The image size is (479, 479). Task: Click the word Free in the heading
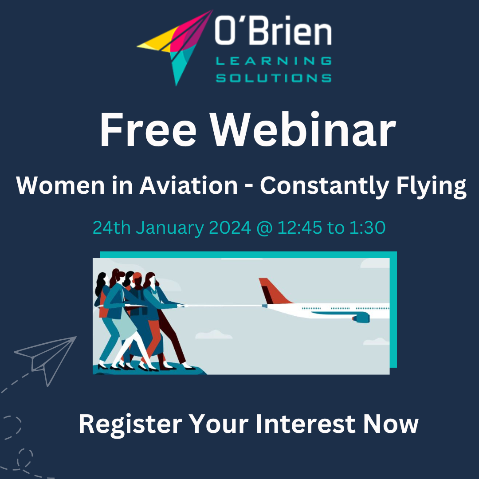tap(148, 130)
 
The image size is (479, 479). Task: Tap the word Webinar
tap(303, 130)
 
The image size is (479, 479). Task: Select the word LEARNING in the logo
tap(274, 61)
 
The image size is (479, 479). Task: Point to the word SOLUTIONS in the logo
tap(274, 78)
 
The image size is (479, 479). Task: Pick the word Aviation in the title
tap(188, 185)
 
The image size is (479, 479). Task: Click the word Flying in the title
tap(431, 187)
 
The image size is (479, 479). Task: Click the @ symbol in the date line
tap(264, 228)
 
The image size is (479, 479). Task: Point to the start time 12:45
tap(300, 228)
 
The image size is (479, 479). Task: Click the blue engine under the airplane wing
tap(361, 318)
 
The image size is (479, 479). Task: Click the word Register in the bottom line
tap(130, 424)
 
